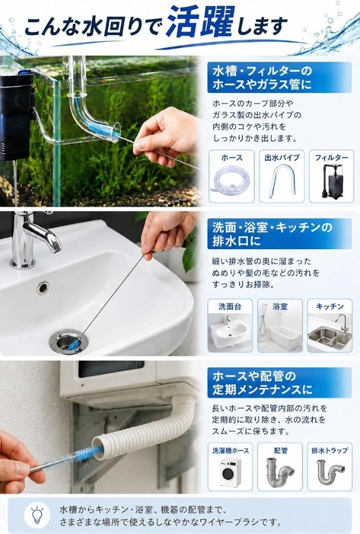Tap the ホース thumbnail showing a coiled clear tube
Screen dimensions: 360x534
[x=231, y=176]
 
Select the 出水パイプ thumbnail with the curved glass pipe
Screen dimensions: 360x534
[x=282, y=176]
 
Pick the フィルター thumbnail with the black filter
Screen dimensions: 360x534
[x=332, y=176]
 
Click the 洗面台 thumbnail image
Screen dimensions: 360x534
[x=230, y=325]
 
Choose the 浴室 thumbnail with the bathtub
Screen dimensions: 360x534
[x=280, y=325]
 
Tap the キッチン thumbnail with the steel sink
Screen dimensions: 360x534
[x=330, y=325]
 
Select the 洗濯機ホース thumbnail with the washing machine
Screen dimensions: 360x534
[x=230, y=466]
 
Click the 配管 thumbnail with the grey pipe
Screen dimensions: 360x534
[x=280, y=466]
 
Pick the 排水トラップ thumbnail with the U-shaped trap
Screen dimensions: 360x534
[x=330, y=466]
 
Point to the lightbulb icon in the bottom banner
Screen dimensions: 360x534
[x=37, y=515]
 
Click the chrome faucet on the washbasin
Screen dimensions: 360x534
[x=30, y=239]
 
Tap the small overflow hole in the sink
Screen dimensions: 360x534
[x=43, y=287]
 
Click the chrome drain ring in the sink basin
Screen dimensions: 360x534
[x=68, y=341]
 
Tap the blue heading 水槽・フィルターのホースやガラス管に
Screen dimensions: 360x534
[x=262, y=78]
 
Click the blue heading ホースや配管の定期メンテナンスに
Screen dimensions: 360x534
[x=262, y=383]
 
